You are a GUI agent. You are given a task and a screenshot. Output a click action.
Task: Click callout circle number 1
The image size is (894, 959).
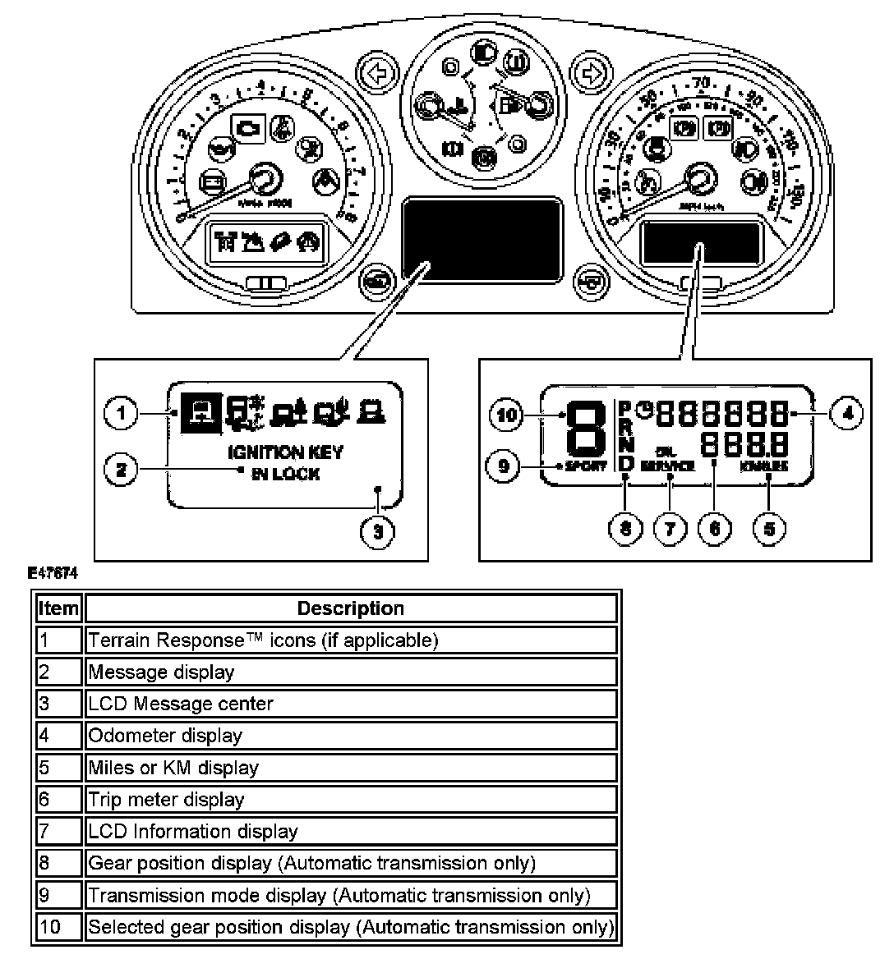(x=122, y=412)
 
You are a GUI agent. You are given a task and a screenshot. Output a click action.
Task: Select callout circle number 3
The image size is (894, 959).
(x=377, y=530)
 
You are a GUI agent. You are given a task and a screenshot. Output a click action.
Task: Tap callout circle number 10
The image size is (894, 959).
(x=508, y=415)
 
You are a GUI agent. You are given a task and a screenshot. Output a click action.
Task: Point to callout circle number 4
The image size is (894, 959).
(x=846, y=413)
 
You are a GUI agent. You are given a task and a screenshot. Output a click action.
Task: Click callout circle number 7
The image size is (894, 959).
(x=669, y=528)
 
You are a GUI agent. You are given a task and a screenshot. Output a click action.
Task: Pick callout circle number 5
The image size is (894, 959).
(x=768, y=528)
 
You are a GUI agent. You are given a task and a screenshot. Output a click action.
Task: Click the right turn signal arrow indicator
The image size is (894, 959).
(x=589, y=74)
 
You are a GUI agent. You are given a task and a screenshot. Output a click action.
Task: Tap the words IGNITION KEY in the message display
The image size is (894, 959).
(x=285, y=452)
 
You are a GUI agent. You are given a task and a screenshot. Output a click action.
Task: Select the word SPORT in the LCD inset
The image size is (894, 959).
(x=586, y=466)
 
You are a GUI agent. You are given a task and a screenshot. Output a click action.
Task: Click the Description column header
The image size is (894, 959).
(x=351, y=608)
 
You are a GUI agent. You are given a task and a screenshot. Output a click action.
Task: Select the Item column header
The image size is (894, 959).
(x=58, y=608)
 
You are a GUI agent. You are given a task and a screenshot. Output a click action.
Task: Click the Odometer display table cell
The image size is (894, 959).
(x=351, y=736)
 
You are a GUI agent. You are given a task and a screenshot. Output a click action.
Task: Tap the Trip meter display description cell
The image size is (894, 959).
(x=351, y=799)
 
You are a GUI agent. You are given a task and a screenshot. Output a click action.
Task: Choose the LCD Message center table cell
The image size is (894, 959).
(x=351, y=704)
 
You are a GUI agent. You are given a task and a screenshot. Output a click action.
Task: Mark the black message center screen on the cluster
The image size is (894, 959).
(x=482, y=236)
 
